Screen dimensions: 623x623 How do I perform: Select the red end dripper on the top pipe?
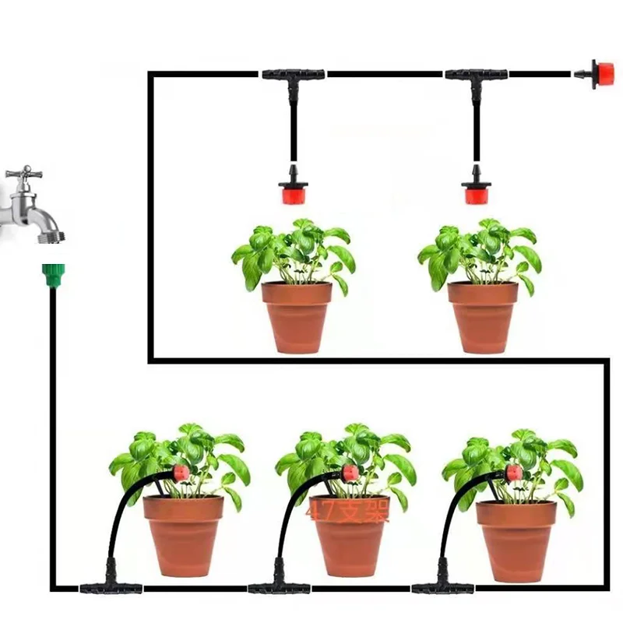(601, 74)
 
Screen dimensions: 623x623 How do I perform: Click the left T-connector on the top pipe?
(293, 76)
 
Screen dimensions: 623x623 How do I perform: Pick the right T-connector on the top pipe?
(476, 76)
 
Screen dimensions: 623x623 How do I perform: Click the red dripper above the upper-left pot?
(293, 191)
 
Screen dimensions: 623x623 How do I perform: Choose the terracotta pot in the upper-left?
(297, 316)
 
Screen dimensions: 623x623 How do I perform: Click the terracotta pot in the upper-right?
(483, 316)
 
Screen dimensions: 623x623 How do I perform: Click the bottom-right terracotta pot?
(516, 537)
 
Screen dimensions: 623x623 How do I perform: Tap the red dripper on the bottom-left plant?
(180, 473)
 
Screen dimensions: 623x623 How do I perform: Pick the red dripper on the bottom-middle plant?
(350, 473)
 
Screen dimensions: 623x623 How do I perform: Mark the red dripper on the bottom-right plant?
(513, 473)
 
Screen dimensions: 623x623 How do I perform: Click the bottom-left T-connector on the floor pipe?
(111, 586)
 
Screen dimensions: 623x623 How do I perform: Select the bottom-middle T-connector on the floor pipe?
(279, 586)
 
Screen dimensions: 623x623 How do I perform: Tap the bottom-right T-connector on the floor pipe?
(443, 586)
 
